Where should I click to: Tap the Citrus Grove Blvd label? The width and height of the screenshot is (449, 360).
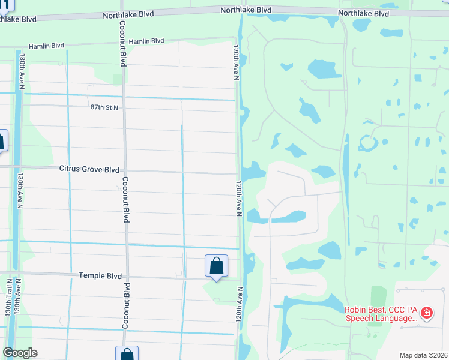tap(89, 170)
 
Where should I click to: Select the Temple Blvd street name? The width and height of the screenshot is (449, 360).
tap(101, 275)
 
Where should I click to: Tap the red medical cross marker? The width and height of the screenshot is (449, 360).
tap(427, 313)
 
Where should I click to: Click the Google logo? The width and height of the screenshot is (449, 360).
tap(20, 353)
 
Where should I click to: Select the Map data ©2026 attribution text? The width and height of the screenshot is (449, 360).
tap(424, 355)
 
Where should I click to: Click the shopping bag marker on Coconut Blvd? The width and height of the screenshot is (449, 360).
tap(127, 354)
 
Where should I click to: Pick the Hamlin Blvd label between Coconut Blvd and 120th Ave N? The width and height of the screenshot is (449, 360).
tap(146, 41)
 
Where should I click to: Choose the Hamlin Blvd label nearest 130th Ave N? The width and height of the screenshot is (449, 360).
tap(46, 46)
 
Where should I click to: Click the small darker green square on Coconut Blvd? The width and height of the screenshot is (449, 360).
tap(118, 79)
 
